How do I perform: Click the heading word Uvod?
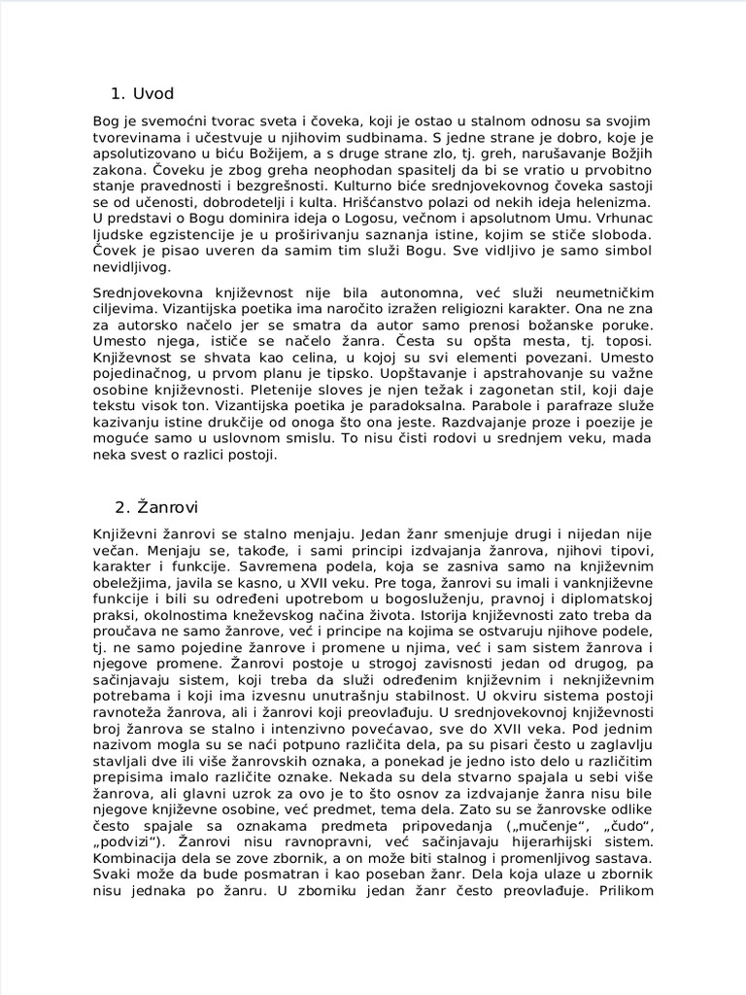(154, 94)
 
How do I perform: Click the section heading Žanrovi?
(171, 506)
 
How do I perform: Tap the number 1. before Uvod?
(119, 94)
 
